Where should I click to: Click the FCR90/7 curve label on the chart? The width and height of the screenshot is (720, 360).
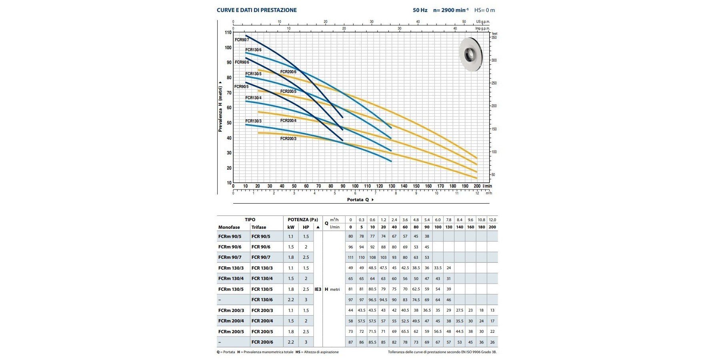242,40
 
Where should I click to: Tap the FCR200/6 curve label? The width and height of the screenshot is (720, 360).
288,72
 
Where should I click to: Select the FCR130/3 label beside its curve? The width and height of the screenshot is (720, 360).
253,121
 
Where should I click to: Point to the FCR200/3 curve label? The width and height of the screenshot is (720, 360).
288,139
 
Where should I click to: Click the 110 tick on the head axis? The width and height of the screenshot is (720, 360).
228,32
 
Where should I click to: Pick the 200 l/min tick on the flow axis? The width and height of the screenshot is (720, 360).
477,186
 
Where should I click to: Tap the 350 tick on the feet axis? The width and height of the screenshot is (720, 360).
494,38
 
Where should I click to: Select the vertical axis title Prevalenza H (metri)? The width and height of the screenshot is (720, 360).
220,106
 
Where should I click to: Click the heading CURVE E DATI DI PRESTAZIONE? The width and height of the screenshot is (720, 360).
257,10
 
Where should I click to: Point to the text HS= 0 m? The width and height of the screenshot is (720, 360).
485,10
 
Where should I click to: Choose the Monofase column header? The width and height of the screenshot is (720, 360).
229,227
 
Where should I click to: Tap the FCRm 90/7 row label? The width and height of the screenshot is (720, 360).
230,257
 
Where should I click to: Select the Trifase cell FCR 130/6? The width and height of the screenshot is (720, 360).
262,300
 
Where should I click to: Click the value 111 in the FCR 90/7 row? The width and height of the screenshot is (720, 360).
351,257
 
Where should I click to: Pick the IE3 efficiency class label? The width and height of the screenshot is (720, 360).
318,289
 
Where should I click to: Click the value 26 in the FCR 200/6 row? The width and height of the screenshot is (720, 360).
492,342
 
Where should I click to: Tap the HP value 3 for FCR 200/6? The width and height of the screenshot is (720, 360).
306,342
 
